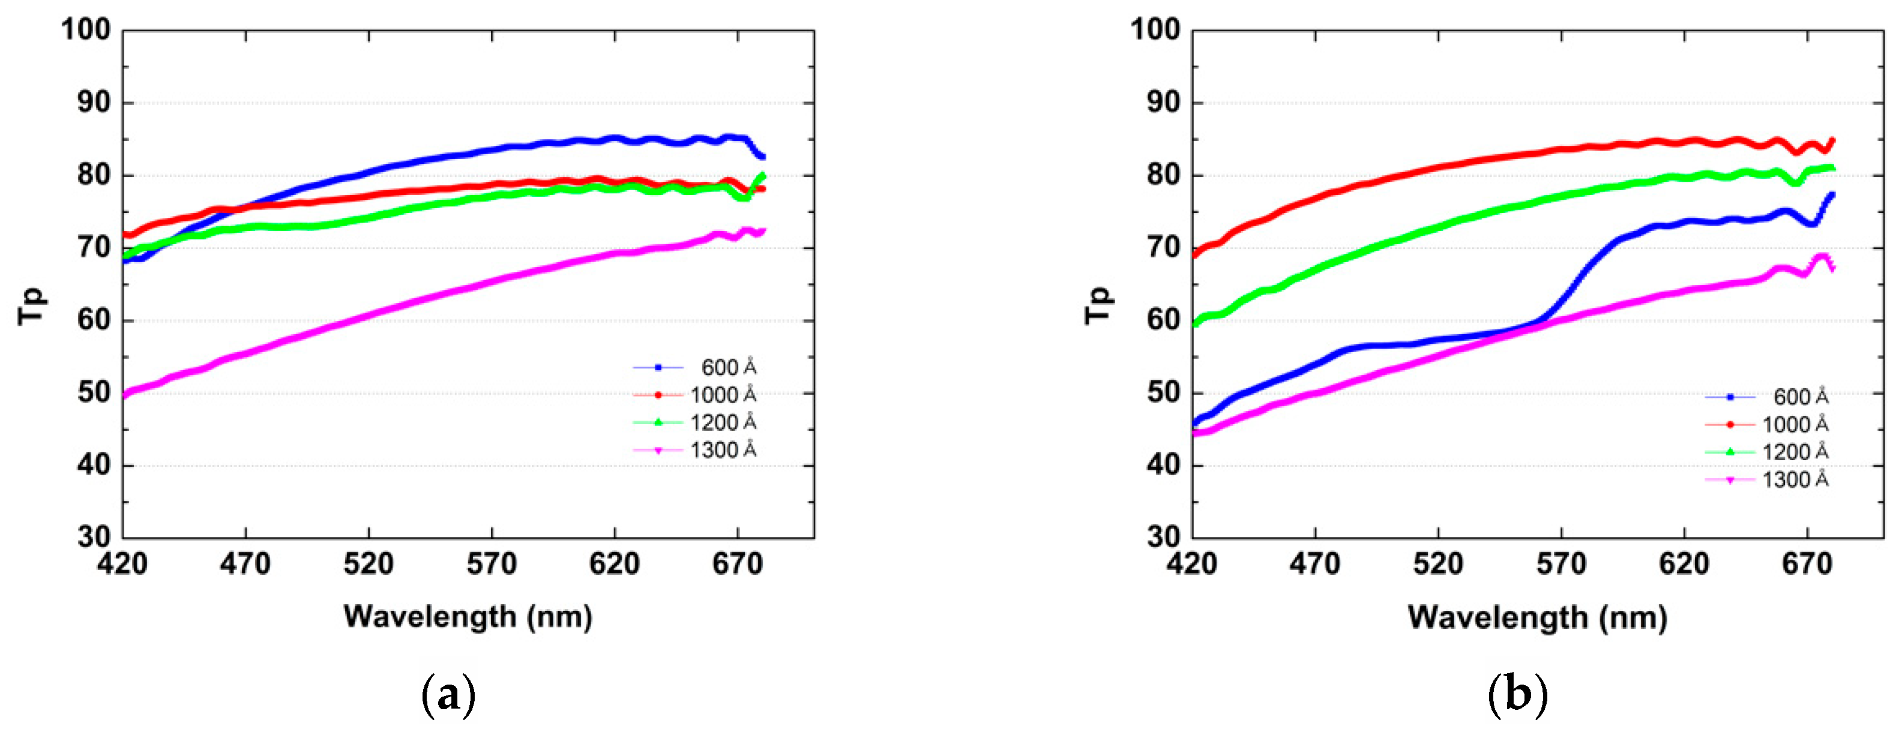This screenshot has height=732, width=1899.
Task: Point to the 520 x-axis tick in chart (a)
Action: point(368,565)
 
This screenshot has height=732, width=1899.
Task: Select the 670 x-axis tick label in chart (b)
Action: point(1807,565)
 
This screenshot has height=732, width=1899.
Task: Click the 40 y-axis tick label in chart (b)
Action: point(1163,465)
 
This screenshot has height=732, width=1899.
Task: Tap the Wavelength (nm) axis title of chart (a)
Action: point(468,616)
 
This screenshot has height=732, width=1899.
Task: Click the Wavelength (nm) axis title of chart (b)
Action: point(1538,617)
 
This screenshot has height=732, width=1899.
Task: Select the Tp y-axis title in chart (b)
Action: point(1098,306)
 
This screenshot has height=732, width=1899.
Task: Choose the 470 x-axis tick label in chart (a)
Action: point(245,565)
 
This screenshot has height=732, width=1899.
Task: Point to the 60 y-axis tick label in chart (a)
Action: point(94,320)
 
